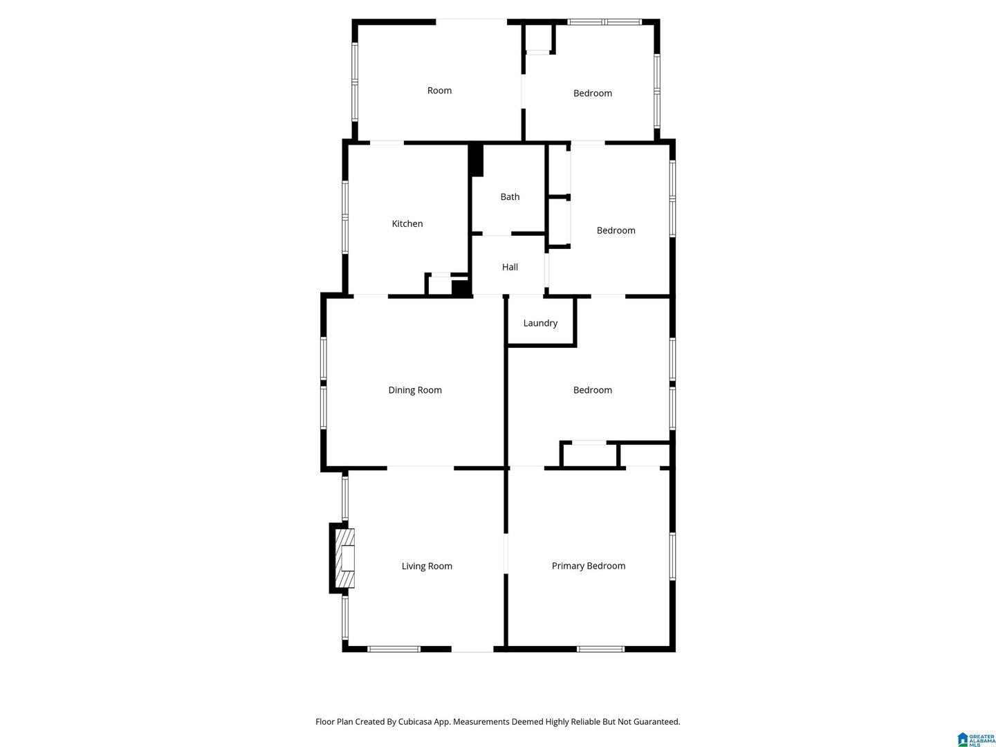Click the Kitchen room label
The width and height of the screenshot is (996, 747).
tap(407, 223)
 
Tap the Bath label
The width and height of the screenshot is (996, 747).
tap(510, 197)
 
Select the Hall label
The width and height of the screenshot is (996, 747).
tap(510, 267)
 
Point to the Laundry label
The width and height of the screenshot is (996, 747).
tap(540, 323)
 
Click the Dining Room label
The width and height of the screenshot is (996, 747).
tap(415, 390)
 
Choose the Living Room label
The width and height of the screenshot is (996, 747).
tap(427, 566)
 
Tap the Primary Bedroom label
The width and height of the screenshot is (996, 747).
tap(588, 566)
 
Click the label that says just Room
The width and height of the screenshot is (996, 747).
tap(439, 90)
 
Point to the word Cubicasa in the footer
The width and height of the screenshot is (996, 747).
tap(415, 721)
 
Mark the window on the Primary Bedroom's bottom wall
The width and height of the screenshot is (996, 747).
tap(600, 649)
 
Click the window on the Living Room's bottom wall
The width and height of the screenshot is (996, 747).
tap(394, 649)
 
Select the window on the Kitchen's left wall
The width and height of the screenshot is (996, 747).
tap(345, 217)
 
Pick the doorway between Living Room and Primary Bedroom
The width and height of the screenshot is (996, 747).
tap(506, 554)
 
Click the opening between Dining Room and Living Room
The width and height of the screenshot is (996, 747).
tap(420, 468)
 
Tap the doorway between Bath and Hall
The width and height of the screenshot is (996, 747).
tap(497, 234)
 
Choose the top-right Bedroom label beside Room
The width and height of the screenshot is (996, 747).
tap(592, 93)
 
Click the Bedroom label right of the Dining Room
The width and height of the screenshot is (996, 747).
tap(592, 390)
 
